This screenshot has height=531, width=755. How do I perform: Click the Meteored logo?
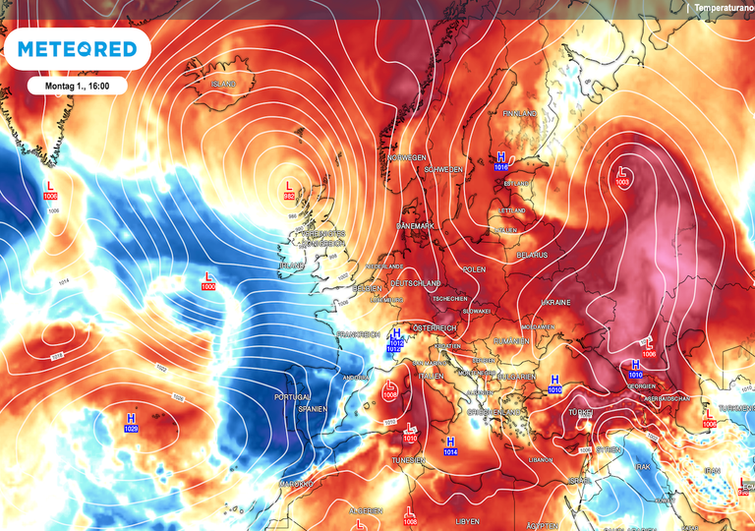76,49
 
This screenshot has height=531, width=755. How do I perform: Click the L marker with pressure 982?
289,190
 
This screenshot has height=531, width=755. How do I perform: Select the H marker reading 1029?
131,423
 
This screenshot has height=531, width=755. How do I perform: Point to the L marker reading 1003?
622,177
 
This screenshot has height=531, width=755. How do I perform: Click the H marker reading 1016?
501,161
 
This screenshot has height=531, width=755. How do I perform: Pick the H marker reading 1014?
450,446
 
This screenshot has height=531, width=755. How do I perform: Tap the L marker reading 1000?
208,280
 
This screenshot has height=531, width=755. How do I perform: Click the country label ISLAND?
224,85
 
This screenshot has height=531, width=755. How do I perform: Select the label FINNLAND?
519,114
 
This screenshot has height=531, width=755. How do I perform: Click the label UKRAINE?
555,303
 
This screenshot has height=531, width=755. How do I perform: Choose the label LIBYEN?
468,520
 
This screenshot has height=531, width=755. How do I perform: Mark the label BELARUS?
533,255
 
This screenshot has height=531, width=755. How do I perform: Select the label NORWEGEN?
407,157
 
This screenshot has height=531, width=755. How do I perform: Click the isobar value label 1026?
178,397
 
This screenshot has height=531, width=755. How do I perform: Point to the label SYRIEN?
610,448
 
